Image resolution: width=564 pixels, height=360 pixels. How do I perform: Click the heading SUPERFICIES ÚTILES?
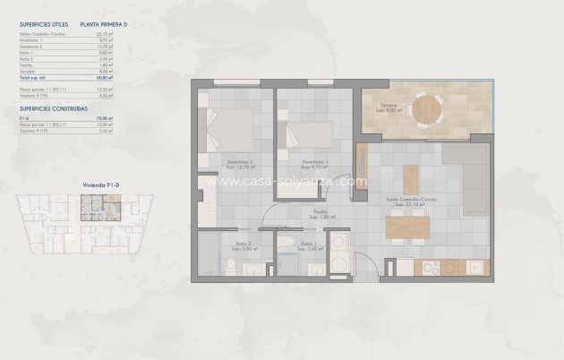43,26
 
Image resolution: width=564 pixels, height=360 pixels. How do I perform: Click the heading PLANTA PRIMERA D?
103,26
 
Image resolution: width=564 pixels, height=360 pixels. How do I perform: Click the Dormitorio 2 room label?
239,163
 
